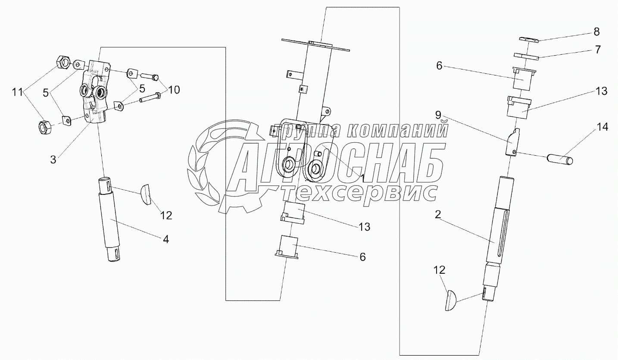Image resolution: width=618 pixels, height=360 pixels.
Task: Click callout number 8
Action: click(x=596, y=31)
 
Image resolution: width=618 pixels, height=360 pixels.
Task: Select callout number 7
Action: click(x=597, y=50)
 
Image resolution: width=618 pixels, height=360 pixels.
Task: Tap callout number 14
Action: click(x=602, y=127)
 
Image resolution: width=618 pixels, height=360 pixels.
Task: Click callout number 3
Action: click(x=53, y=159)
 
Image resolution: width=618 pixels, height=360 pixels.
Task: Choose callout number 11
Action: click(x=17, y=92)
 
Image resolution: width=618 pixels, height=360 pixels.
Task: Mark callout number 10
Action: click(x=174, y=90)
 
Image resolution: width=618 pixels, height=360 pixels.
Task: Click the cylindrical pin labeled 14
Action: click(x=560, y=160)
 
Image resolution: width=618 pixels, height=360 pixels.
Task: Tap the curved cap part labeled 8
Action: click(x=529, y=40)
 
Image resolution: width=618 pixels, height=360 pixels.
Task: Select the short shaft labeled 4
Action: click(x=110, y=220)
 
